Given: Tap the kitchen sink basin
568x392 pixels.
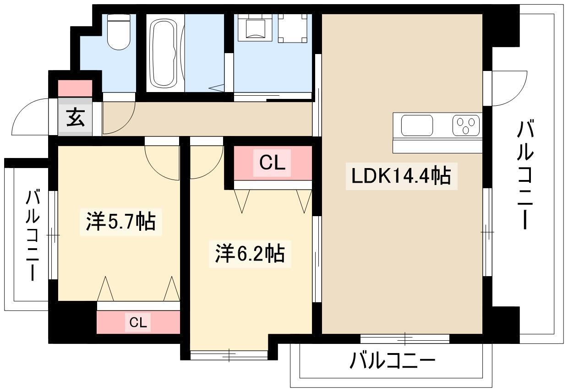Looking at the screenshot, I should coord(417,125).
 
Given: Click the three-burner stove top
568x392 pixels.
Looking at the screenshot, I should coord(466,125).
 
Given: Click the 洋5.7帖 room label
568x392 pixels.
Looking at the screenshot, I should coord(121,222).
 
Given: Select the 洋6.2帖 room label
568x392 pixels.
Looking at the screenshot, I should coord(250,253).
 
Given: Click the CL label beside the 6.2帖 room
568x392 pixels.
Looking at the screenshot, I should coord(273,163).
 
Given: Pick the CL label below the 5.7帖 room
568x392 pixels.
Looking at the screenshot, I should coord(138,323).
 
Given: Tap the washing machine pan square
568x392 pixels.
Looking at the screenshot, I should coord(292,28).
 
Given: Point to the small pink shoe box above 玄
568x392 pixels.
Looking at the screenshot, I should coord(75,88).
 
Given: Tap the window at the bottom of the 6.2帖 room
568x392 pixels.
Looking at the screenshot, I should coord(229,354).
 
